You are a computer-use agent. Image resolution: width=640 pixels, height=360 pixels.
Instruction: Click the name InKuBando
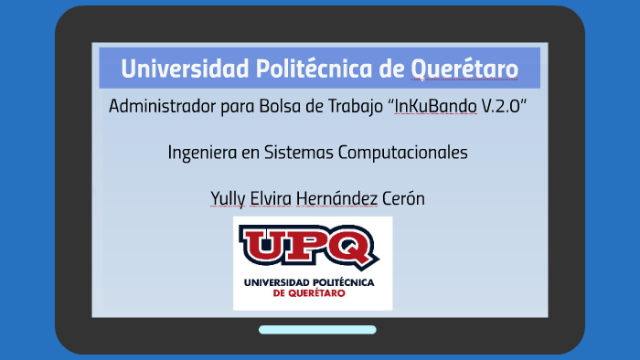pos(435,106)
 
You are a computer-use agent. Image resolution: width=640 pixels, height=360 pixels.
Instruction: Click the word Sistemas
pos(301,153)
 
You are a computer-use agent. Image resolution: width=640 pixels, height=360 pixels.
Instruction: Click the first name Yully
pos(229,199)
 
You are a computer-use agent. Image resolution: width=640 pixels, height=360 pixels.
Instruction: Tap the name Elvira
pos(278,199)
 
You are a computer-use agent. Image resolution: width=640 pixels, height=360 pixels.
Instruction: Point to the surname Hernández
pos(347,199)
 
